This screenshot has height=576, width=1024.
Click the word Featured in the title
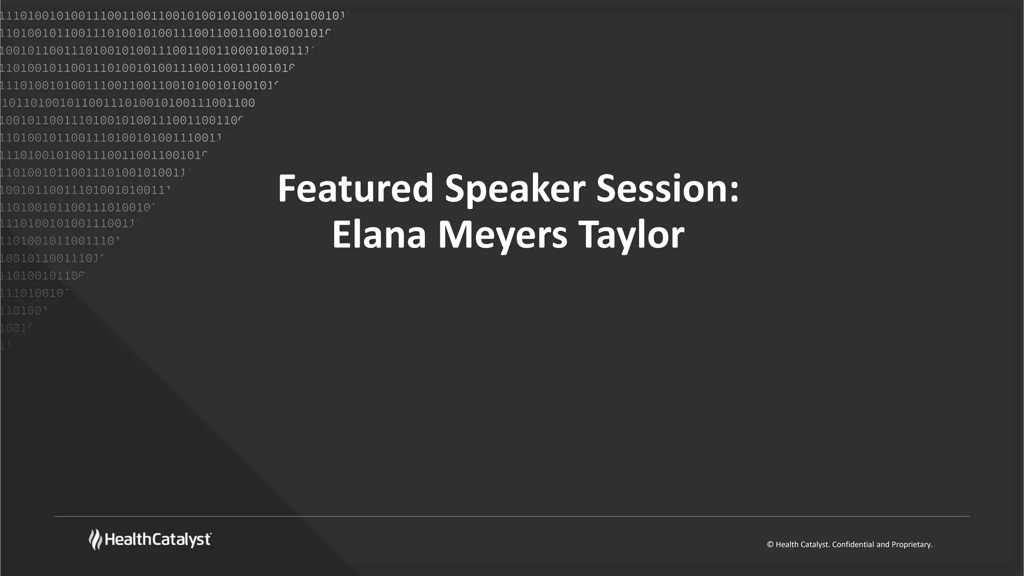(x=355, y=189)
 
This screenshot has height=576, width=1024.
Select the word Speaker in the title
(x=514, y=189)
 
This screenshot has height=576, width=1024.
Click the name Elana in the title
(x=378, y=235)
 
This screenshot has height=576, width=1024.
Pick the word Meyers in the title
(x=502, y=235)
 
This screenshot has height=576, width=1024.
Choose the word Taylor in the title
(x=631, y=235)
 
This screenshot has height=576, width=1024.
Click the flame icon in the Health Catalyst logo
(x=95, y=539)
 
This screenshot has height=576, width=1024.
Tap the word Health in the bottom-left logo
(x=127, y=539)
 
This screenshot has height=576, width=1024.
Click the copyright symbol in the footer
(x=770, y=544)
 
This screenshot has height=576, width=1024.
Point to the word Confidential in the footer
(x=853, y=544)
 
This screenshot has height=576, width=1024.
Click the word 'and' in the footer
(x=883, y=544)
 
